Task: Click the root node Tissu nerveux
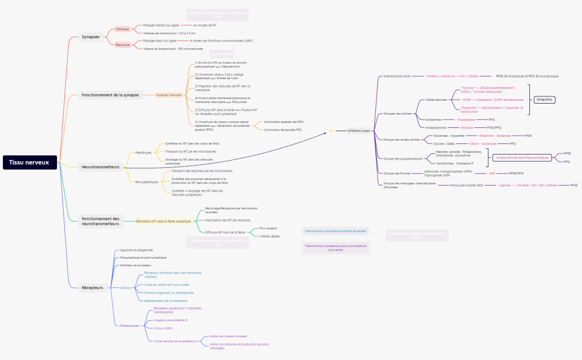coord(30,162)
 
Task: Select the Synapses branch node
coord(91,37)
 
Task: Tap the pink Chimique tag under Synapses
coord(122,29)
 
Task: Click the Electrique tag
coord(122,45)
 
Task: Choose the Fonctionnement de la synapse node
coord(110,95)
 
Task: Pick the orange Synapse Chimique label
coord(168,95)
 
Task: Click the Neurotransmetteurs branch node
coord(100,167)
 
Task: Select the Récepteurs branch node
coord(92,287)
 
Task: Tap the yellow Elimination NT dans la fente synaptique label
coord(163,221)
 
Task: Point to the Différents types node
coord(359,131)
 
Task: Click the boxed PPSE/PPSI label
coord(544,100)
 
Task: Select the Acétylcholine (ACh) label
coord(397,76)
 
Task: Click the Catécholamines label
coord(436,100)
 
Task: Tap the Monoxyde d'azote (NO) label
coord(466,186)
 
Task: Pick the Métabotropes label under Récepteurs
coord(130,326)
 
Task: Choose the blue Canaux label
coord(126,288)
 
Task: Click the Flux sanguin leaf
coord(268,228)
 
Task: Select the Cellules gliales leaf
coord(270,236)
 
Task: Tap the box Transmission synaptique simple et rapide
coord(336,231)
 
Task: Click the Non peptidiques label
coord(147,182)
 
